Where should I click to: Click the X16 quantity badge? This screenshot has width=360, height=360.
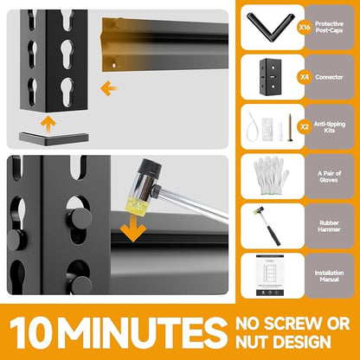click(305, 28)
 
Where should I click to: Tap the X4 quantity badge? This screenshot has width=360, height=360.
click(305, 77)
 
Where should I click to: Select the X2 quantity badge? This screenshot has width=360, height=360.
click(305, 127)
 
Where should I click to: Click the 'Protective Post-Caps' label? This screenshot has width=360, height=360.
click(329, 27)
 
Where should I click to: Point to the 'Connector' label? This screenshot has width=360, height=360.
click(329, 77)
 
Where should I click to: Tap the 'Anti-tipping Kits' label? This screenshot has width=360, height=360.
click(330, 127)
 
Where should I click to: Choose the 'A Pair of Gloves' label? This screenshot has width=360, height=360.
click(329, 177)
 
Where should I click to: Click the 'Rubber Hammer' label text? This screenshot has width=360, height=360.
click(329, 226)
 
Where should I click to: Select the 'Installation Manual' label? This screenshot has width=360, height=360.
click(329, 276)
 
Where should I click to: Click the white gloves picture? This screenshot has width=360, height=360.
click(271, 177)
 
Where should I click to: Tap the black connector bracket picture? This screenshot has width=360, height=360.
click(271, 77)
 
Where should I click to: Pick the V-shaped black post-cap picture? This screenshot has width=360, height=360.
click(270, 28)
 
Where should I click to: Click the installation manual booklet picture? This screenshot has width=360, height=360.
click(270, 275)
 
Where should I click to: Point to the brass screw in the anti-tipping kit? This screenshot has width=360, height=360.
click(290, 127)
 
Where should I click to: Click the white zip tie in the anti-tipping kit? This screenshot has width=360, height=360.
click(251, 126)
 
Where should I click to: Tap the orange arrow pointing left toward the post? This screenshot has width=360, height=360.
click(108, 88)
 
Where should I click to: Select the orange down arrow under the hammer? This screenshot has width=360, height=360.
click(133, 228)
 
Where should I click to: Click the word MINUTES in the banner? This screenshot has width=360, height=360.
click(142, 332)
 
